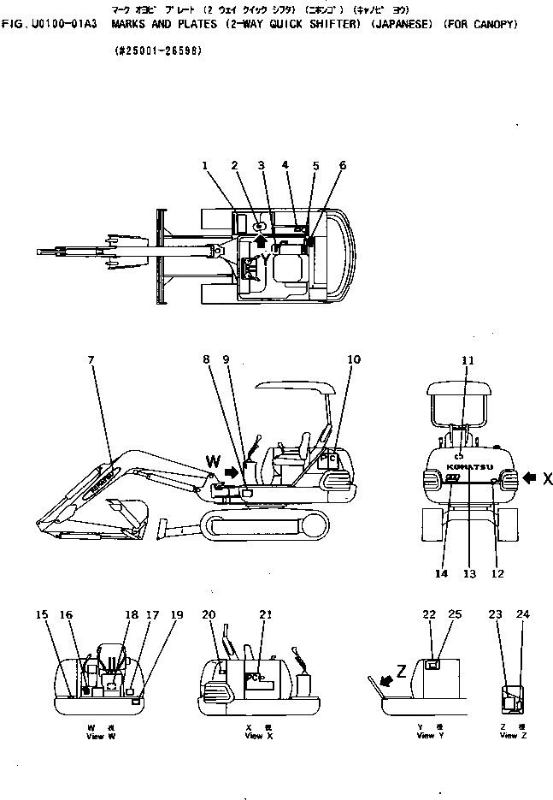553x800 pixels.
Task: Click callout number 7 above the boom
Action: click(91, 359)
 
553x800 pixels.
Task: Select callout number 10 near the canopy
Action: click(354, 359)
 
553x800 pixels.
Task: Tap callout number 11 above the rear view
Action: click(468, 361)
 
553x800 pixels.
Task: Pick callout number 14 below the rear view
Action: click(440, 574)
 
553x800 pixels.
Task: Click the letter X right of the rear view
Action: click(548, 478)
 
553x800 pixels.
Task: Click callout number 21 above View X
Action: click(266, 614)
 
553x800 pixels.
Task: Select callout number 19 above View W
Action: click(176, 614)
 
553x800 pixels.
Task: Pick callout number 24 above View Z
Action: click(523, 614)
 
